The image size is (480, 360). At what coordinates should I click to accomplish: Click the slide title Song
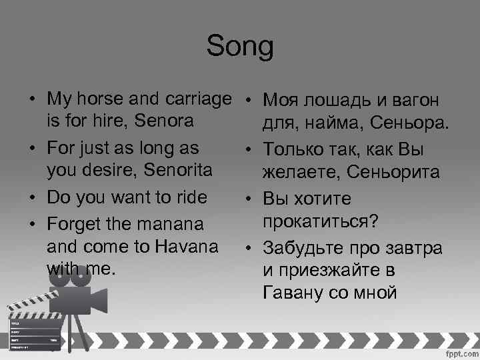pos(240,47)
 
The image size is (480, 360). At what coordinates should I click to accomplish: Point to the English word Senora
pos(164,122)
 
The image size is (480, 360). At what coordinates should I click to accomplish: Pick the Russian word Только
pos(299,149)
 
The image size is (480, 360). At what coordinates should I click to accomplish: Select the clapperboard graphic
pos(33,327)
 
